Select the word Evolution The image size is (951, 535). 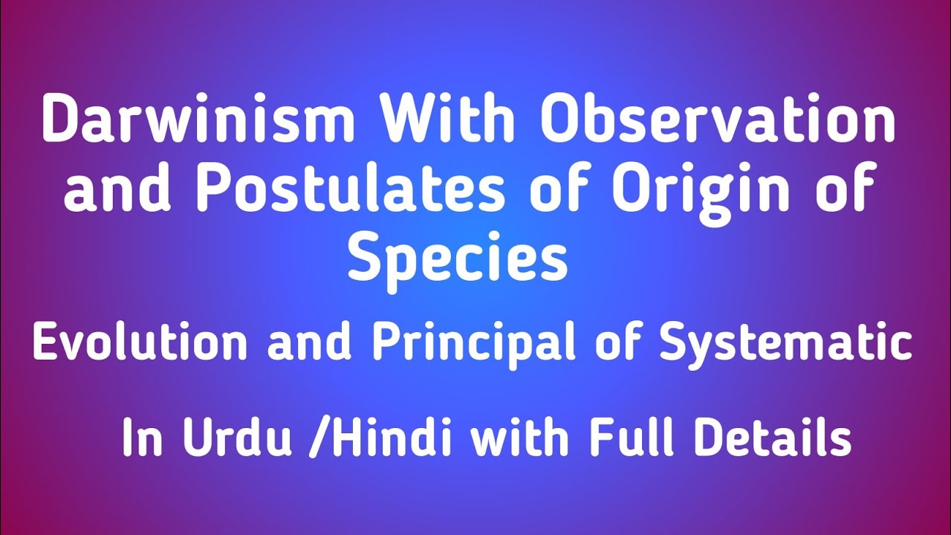click(140, 343)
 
